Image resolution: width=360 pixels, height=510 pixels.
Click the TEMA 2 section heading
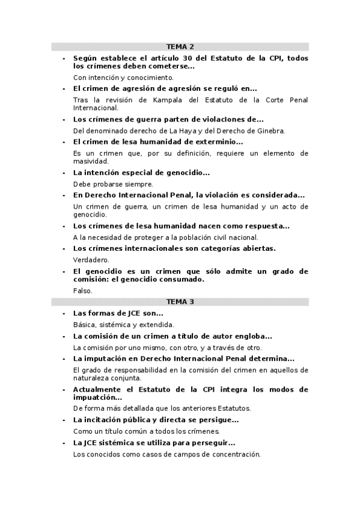click(180, 46)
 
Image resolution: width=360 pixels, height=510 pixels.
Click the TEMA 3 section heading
click(180, 301)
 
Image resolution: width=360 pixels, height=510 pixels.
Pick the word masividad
click(90, 161)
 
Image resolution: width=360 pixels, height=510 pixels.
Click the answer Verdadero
click(91, 260)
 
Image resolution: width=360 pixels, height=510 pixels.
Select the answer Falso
click(83, 290)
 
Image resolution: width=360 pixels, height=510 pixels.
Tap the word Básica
click(84, 325)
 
